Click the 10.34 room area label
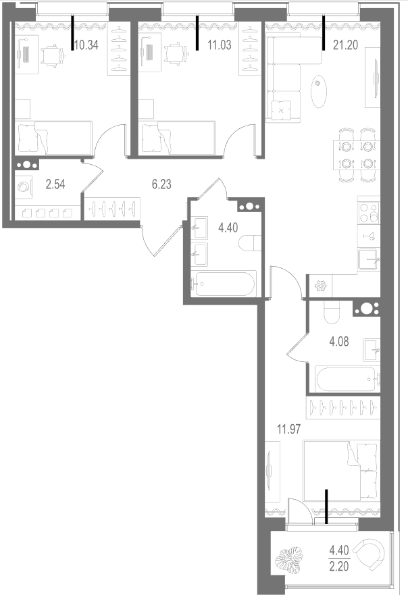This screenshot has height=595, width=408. coord(86,45)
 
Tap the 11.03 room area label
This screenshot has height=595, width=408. coord(220,45)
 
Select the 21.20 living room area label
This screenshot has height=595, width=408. coord(345,45)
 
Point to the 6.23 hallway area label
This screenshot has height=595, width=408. coord(161,184)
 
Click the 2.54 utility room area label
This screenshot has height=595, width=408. coord(55,184)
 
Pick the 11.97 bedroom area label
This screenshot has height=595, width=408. coord(289,430)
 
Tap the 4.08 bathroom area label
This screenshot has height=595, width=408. coord(339,342)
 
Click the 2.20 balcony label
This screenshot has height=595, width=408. coord(339,567)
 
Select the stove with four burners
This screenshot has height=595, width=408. coord(369,213)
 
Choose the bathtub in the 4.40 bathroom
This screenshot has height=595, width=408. coord(224,283)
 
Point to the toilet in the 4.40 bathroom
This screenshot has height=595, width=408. coord(250,243)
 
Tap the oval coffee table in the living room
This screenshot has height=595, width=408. coord(318,92)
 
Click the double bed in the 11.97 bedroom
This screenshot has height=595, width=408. coord(342,470)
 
